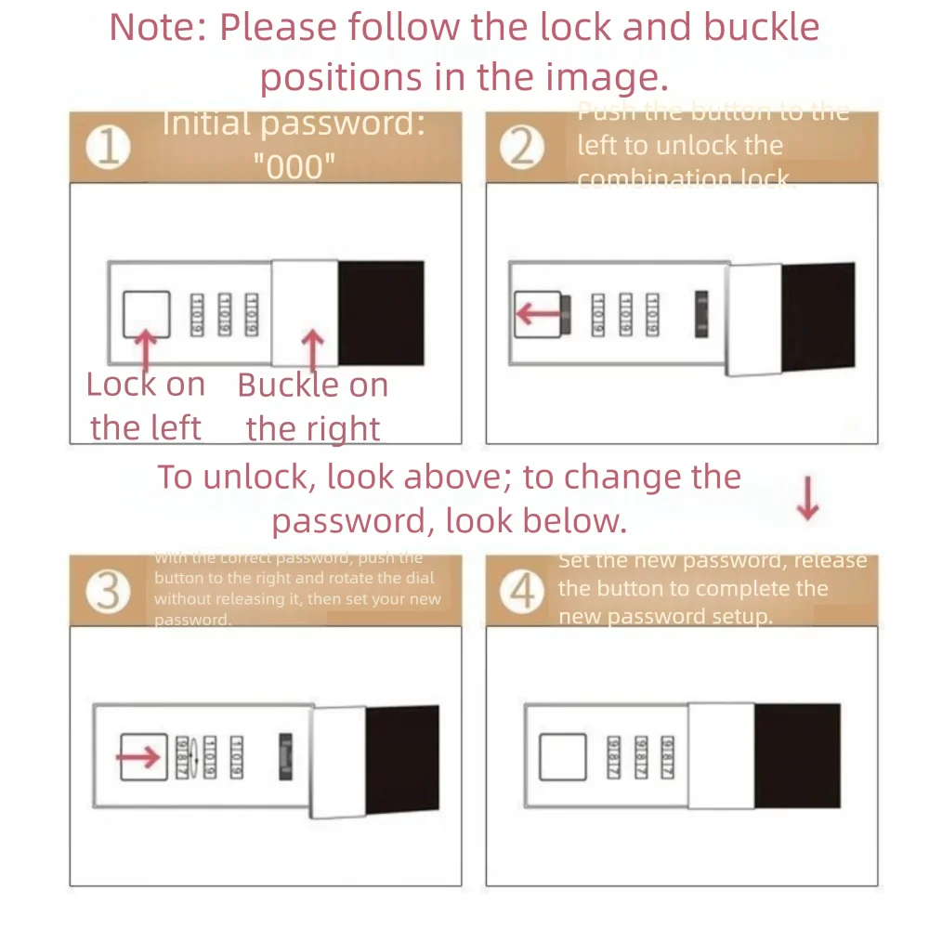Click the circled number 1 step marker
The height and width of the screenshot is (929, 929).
pyautogui.click(x=109, y=149)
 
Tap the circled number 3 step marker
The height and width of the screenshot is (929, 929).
pyautogui.click(x=109, y=592)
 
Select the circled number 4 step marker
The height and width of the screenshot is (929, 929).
pyautogui.click(x=523, y=592)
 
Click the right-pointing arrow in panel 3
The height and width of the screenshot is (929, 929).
pyautogui.click(x=139, y=757)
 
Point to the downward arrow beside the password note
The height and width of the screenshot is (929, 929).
pyautogui.click(x=808, y=500)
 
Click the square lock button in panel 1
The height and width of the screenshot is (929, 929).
pyautogui.click(x=147, y=315)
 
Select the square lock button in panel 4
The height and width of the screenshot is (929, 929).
pyautogui.click(x=563, y=757)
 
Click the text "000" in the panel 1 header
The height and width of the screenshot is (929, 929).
pyautogui.click(x=294, y=167)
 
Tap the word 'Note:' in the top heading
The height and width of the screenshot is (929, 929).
pyautogui.click(x=158, y=28)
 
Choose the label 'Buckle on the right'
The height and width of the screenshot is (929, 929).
pyautogui.click(x=313, y=407)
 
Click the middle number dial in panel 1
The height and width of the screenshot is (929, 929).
pyautogui.click(x=223, y=315)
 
